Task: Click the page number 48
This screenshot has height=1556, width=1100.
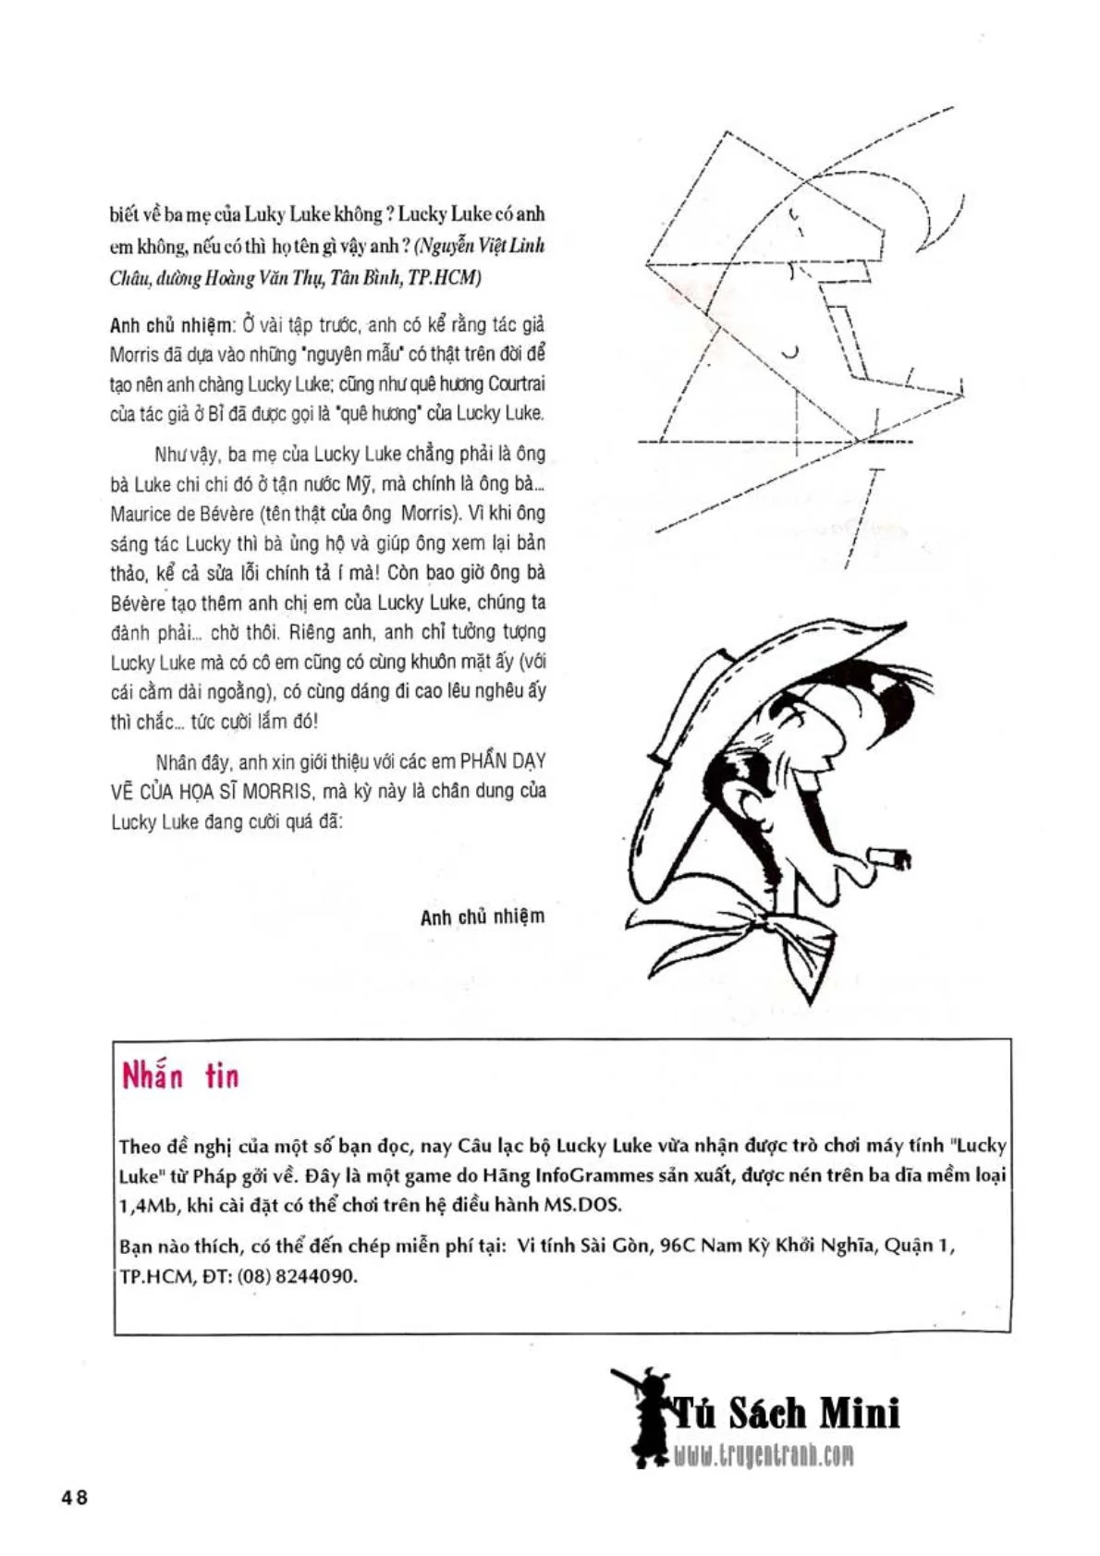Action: click(74, 1498)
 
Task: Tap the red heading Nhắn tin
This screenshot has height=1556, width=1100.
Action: click(180, 1077)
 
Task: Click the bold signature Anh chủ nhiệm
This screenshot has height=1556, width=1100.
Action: click(482, 917)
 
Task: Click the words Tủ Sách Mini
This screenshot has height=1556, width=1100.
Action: click(784, 1414)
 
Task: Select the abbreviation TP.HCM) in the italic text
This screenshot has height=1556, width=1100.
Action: click(448, 278)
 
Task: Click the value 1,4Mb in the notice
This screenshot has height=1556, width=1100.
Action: click(148, 1205)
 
